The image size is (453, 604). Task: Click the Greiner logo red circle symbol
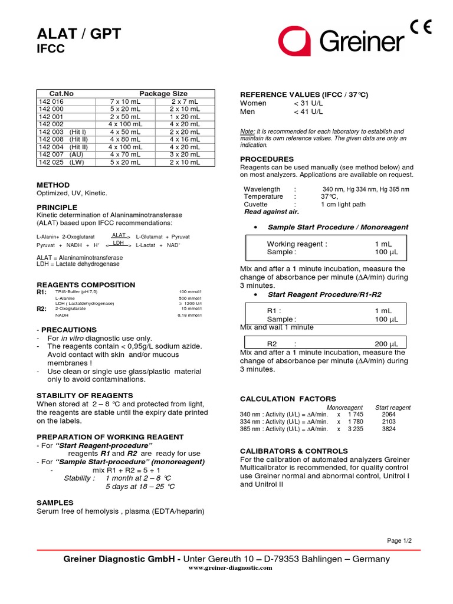(x=294, y=41)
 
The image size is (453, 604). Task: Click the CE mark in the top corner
(x=422, y=27)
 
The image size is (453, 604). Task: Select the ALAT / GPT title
(x=79, y=34)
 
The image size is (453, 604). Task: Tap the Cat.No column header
(x=61, y=94)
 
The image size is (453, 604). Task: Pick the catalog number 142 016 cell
(x=51, y=101)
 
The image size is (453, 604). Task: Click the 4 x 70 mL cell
(x=125, y=155)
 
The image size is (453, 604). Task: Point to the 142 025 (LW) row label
(x=60, y=162)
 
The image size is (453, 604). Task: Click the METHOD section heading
(x=53, y=185)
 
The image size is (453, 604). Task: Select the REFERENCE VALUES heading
(x=304, y=95)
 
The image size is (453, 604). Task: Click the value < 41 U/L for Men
(x=308, y=111)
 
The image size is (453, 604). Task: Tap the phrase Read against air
(x=271, y=212)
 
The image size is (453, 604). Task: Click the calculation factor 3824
(x=389, y=429)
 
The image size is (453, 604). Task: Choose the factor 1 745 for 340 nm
(x=356, y=415)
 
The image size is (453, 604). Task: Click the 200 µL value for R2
(x=386, y=344)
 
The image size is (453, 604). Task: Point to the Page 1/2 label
(x=399, y=540)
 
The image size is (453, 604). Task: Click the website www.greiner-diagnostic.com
(x=230, y=567)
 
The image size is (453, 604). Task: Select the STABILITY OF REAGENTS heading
(x=85, y=395)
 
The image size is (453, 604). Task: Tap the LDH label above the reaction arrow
(x=119, y=242)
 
